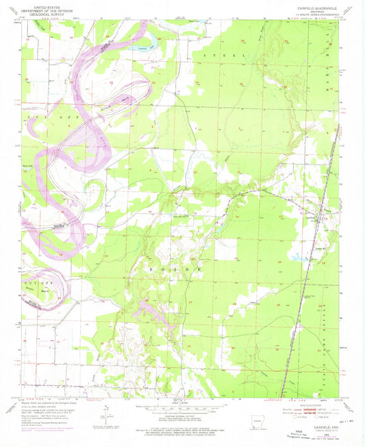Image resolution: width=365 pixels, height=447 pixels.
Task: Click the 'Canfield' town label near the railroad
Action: [x=290, y=217]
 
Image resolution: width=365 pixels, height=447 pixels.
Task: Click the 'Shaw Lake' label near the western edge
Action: [x=29, y=165]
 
